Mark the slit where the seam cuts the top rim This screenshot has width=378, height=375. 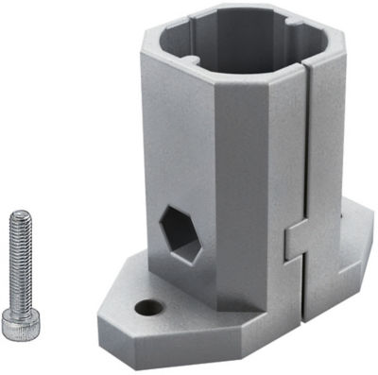coord(306,67)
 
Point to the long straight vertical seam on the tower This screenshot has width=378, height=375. coord(307,151)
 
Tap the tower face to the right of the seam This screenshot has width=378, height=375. coord(327,142)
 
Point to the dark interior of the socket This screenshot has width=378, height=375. coord(236,57)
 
